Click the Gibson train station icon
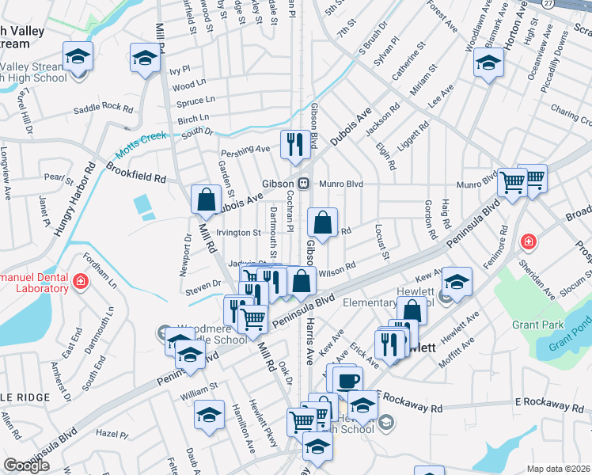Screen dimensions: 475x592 click(303, 183)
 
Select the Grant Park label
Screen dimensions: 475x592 click(537, 325)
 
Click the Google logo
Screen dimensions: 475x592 click(26, 465)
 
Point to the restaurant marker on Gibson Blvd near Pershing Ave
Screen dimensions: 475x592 click(294, 144)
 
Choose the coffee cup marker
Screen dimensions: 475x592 click(347, 379)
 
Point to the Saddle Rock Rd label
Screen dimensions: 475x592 click(103, 107)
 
